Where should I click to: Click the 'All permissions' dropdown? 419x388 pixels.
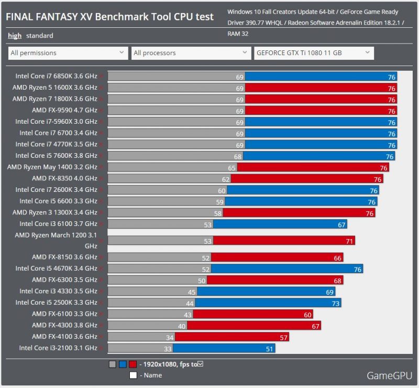[x=68, y=53]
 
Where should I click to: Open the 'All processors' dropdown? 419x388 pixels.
[x=191, y=53]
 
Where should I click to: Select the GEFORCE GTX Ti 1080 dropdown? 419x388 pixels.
[x=313, y=53]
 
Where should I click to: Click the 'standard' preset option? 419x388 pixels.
[x=40, y=36]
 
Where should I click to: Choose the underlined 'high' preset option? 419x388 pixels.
[x=15, y=36]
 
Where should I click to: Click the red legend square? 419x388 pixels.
[x=133, y=364]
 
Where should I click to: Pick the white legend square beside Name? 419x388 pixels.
[x=133, y=375]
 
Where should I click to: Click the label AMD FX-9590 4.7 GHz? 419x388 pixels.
[x=64, y=110]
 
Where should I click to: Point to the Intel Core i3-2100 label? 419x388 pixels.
[x=58, y=348]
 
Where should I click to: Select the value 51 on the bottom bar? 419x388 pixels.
[x=269, y=348]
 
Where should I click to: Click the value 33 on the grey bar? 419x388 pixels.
[x=168, y=348]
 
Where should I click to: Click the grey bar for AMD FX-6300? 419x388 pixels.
[x=157, y=280]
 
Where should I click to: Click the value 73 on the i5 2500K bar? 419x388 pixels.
[x=335, y=303]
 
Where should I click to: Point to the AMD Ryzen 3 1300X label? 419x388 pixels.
[x=55, y=212]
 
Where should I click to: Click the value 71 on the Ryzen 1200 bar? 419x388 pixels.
[x=349, y=241]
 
